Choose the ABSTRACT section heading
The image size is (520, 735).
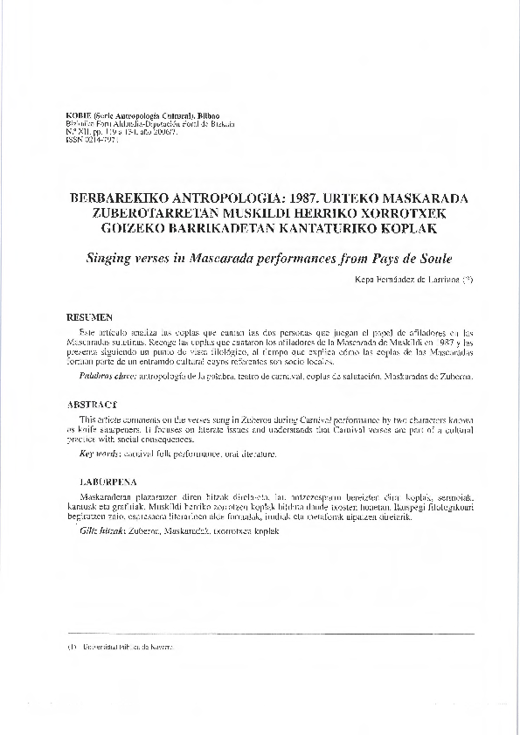click(x=92, y=405)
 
